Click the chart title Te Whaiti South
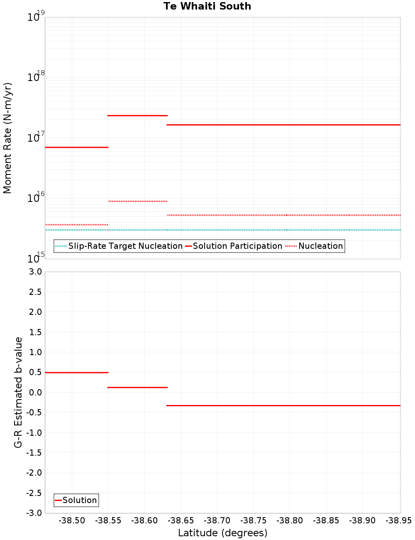point(207,6)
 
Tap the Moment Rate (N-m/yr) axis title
point(7,138)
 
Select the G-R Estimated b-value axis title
point(18,392)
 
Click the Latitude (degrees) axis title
point(222,533)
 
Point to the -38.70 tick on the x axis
point(217,520)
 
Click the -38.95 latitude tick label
point(398,520)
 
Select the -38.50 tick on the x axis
point(72,520)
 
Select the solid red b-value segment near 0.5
point(76,373)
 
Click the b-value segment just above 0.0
point(137,388)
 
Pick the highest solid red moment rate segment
point(137,115)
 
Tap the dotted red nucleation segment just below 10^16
point(137,201)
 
